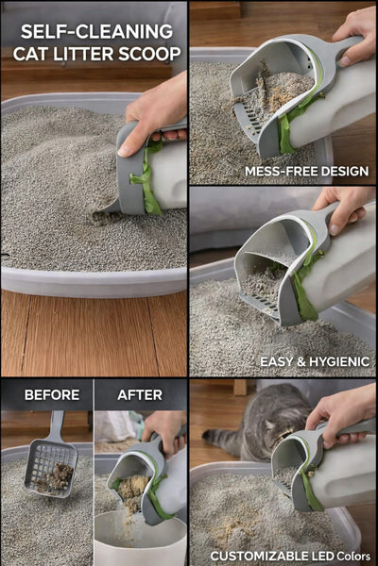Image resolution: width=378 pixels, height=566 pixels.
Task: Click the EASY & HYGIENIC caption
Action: pos(314,361)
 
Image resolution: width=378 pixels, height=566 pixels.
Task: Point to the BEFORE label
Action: pos(52,394)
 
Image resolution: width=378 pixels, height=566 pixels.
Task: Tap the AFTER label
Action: pos(140,394)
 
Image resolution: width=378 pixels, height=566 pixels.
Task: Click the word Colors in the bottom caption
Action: pos(356,556)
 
